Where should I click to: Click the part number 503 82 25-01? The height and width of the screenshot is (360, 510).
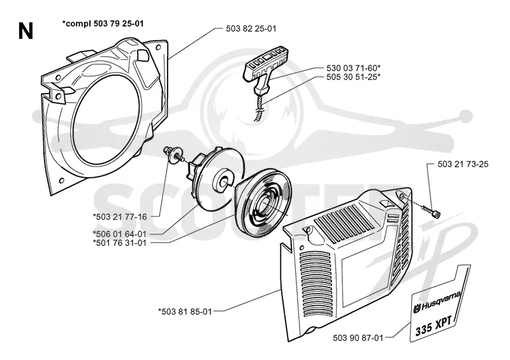click(x=251, y=29)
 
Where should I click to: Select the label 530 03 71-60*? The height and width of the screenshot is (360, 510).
click(x=354, y=68)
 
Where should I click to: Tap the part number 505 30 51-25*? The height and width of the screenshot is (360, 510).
click(x=354, y=76)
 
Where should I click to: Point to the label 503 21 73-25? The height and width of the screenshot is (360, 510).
click(x=463, y=164)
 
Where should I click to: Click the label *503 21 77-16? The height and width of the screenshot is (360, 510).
click(x=120, y=217)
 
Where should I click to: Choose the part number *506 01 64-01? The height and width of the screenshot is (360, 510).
click(x=119, y=234)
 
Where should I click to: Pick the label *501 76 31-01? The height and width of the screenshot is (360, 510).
click(x=119, y=243)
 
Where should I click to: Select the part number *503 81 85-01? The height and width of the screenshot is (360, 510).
click(x=185, y=312)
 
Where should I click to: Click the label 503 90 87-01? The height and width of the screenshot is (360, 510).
click(x=358, y=338)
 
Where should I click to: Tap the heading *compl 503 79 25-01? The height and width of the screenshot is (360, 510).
click(x=103, y=24)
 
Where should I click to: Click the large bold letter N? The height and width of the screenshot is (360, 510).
click(x=25, y=32)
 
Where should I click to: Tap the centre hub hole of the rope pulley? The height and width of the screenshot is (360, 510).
click(x=224, y=184)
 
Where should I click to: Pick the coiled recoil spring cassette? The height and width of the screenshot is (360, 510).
click(x=263, y=208)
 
